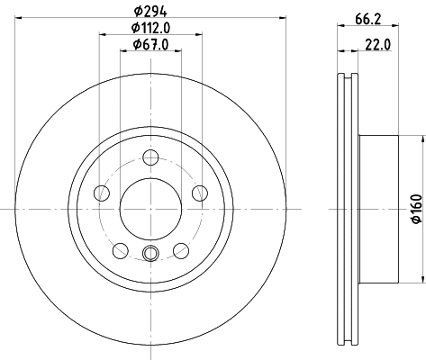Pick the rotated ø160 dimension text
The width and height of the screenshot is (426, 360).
[416, 209]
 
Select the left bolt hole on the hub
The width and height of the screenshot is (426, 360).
[102, 193]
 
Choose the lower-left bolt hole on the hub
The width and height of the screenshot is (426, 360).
[120, 249]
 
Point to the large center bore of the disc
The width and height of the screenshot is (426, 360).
[149, 209]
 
